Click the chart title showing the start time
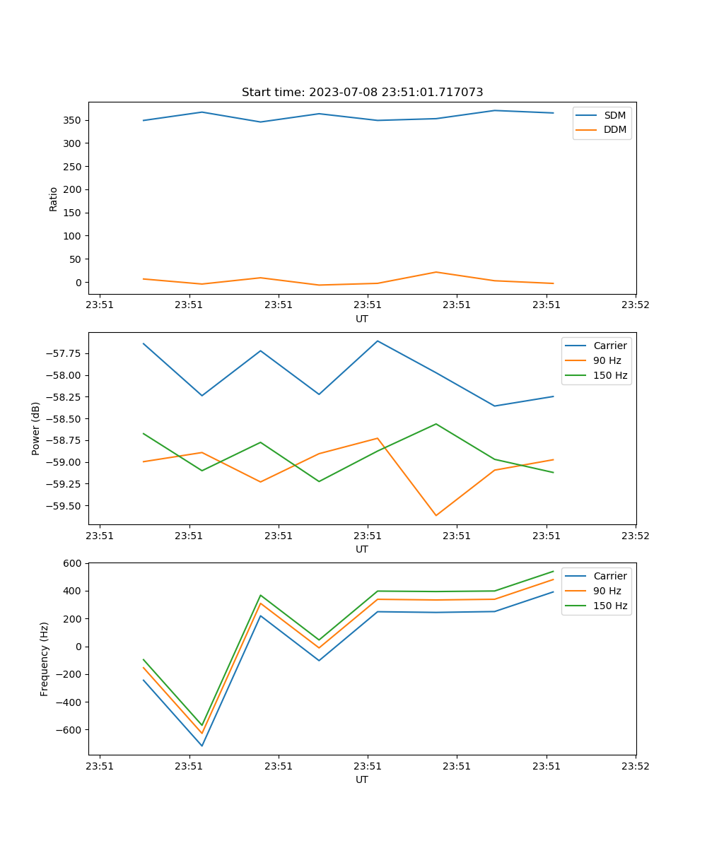click(x=362, y=93)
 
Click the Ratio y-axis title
click(x=54, y=199)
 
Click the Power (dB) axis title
click(x=36, y=428)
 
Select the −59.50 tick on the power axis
click(x=64, y=506)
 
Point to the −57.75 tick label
click(x=64, y=353)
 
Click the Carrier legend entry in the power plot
click(x=609, y=346)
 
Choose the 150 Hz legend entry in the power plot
click(x=609, y=375)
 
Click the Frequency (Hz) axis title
click(x=45, y=659)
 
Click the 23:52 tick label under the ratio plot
click(x=635, y=305)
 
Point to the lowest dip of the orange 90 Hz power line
click(x=436, y=515)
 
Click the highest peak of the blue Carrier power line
click(x=378, y=341)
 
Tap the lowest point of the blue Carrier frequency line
click(x=202, y=746)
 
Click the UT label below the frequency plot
click(x=362, y=779)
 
